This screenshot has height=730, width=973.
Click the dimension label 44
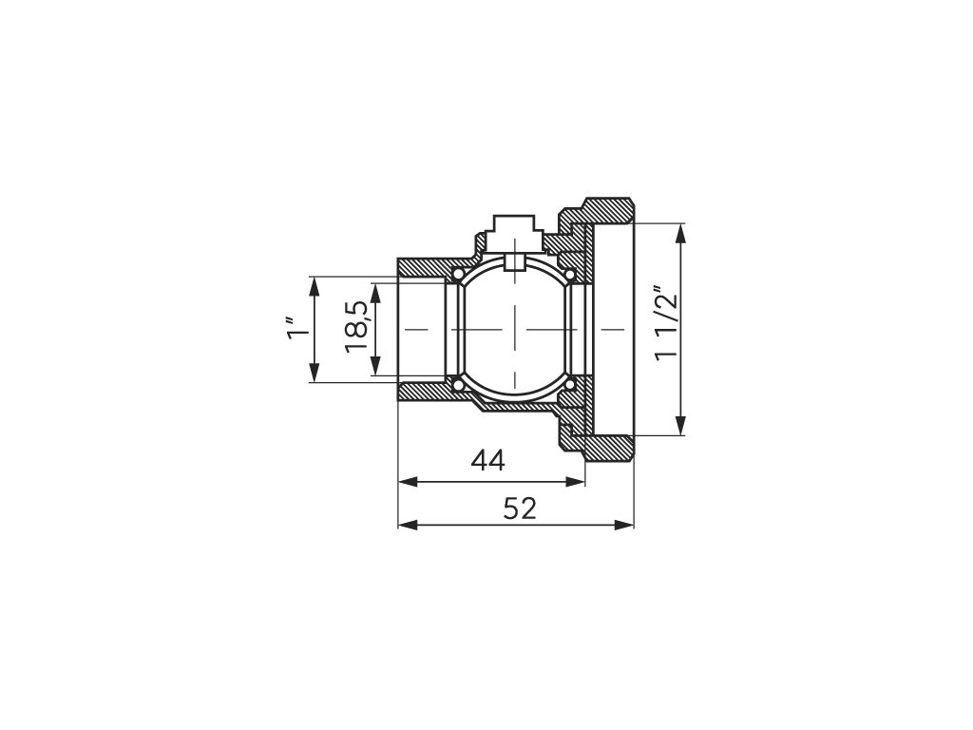click(x=488, y=461)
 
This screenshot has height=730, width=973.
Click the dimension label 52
click(x=520, y=509)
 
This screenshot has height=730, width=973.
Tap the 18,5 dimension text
click(x=358, y=327)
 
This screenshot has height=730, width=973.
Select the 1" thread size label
click(x=296, y=328)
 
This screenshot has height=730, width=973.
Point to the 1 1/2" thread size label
click(x=665, y=322)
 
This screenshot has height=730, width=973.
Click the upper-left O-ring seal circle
click(x=458, y=273)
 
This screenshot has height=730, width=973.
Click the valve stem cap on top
click(x=513, y=228)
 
